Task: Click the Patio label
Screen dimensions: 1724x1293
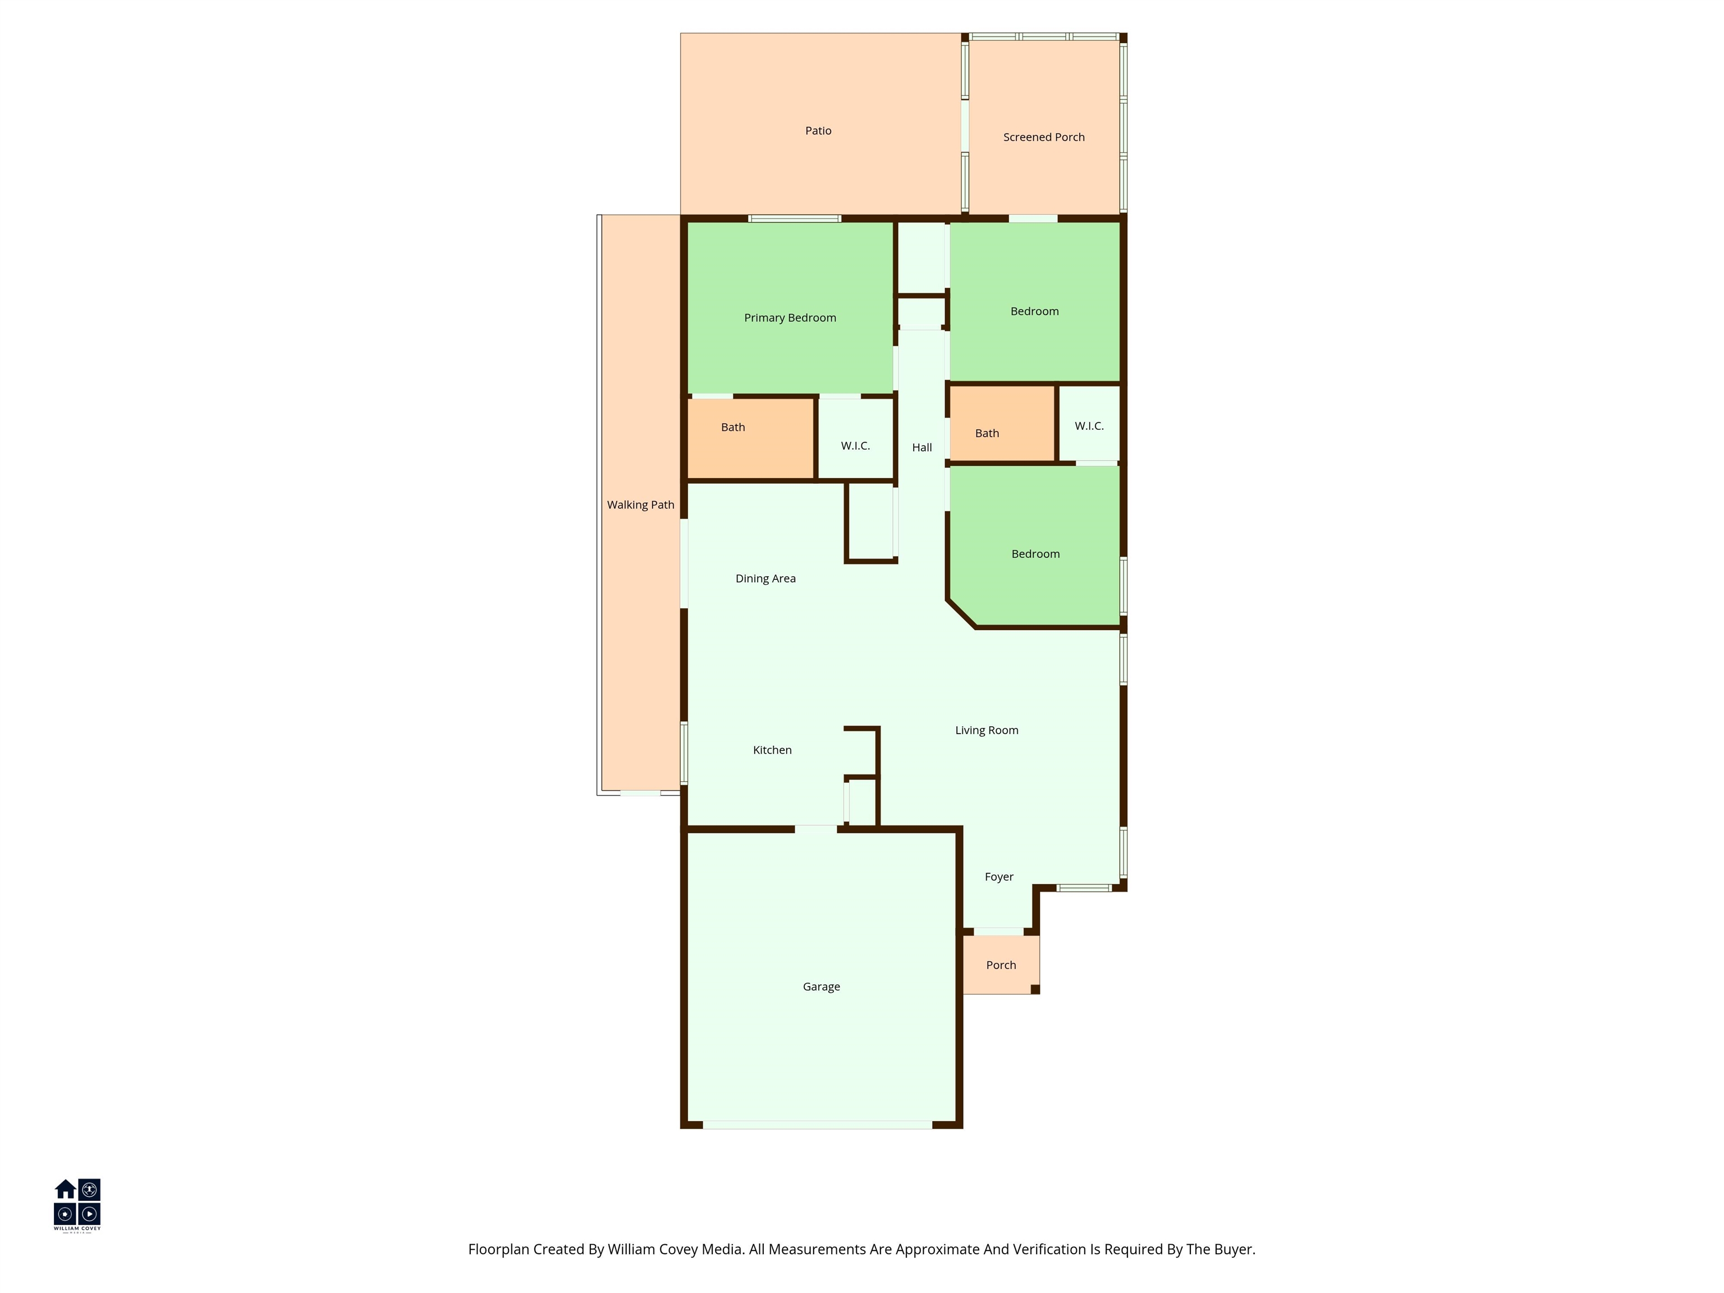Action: pos(818,131)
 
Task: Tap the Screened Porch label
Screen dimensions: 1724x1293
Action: pos(1044,137)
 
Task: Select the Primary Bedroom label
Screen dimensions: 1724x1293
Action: pos(790,318)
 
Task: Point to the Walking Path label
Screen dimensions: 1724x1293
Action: pos(641,505)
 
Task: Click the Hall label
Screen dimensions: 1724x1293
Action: pos(922,447)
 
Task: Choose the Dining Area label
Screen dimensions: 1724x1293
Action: pos(765,578)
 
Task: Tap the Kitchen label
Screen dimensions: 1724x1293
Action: pos(772,750)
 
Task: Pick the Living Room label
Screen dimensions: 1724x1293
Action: pos(987,730)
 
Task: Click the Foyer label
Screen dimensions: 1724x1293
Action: pos(999,877)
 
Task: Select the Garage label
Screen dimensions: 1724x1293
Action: pos(822,987)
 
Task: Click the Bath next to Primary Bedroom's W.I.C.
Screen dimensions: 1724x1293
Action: pos(732,427)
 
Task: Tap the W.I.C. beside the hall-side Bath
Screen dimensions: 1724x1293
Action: pos(1089,425)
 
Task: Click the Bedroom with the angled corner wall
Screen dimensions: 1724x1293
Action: pos(1036,554)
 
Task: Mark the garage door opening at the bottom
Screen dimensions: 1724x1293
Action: pos(818,1125)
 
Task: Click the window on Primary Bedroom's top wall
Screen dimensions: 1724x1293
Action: pos(795,218)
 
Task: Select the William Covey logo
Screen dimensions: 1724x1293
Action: pos(77,1204)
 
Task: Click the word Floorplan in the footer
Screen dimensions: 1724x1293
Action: pos(499,1249)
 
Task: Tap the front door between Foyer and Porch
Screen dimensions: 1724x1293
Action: pos(998,932)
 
